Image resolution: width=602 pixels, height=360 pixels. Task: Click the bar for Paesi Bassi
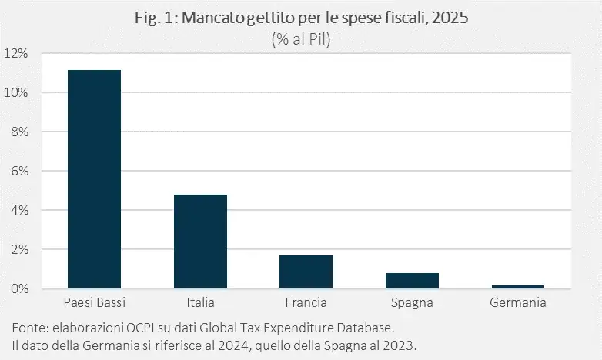[94, 179]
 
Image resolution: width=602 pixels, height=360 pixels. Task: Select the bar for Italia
[200, 242]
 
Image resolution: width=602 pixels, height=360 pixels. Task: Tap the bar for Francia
[306, 272]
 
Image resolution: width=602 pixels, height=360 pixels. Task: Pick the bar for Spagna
[412, 281]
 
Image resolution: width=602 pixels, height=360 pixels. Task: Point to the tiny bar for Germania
[517, 287]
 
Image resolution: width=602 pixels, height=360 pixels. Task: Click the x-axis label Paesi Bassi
[94, 302]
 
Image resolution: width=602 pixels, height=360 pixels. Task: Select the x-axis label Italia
[200, 302]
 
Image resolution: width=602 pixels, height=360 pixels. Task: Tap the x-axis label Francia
[306, 302]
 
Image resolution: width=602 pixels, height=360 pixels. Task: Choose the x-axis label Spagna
[412, 302]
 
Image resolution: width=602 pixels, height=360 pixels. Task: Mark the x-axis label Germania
[517, 302]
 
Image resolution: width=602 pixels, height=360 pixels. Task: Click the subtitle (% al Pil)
[300, 41]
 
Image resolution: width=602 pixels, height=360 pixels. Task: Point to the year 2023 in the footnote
[400, 342]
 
